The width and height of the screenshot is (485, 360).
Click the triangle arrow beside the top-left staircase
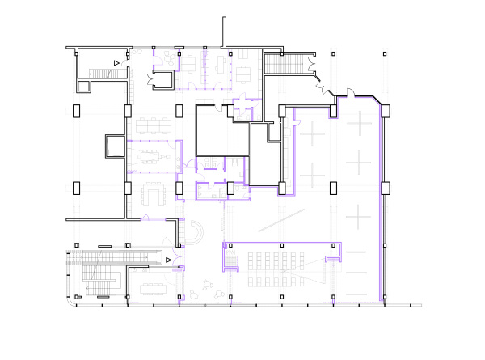tap(116, 62)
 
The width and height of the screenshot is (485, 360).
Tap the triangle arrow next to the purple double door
tap(168, 260)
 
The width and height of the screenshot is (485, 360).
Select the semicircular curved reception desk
tap(196, 232)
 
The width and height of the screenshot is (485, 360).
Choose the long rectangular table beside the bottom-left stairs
tap(152, 286)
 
